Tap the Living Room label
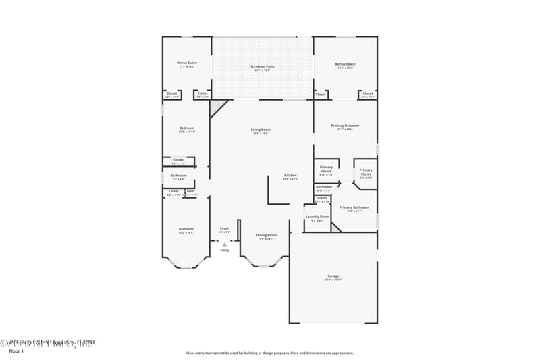click(261, 131)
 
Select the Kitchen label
click(290, 176)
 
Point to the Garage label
click(333, 277)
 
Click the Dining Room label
click(266, 236)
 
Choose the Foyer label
click(224, 230)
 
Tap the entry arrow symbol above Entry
click(224, 244)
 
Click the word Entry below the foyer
click(224, 251)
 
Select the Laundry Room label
click(317, 218)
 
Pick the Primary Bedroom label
click(344, 127)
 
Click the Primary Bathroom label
click(354, 209)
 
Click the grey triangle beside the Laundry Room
click(336, 227)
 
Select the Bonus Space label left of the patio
click(186, 65)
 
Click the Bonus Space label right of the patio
click(345, 65)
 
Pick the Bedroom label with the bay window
click(186, 230)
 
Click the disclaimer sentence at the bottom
click(269, 353)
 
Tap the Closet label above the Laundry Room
click(322, 199)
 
